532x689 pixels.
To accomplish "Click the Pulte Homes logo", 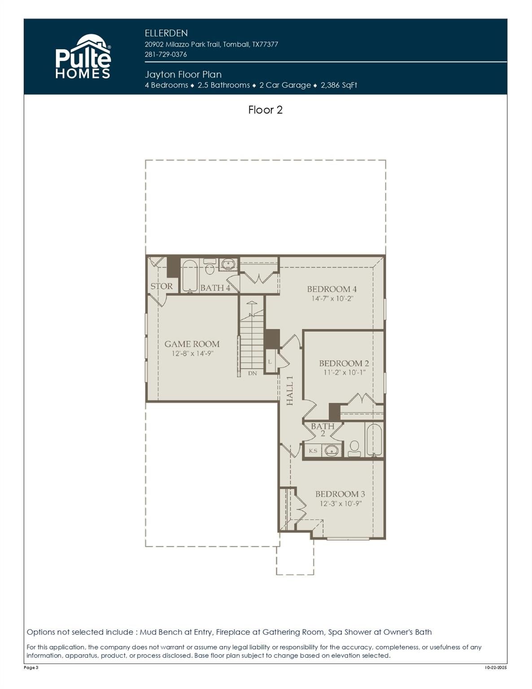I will point(83,57).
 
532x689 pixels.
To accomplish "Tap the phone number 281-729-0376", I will point(166,54).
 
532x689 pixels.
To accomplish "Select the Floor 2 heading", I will point(265,110).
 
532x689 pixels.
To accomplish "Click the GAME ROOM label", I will point(192,344).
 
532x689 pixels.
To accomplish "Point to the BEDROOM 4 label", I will point(332,289).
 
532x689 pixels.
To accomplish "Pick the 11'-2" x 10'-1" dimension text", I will point(344,372).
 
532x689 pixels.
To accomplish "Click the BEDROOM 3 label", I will point(340,494).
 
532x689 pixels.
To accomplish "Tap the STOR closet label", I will point(161,286).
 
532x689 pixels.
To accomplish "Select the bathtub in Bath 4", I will point(189,276).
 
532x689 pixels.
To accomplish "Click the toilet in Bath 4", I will point(209,268).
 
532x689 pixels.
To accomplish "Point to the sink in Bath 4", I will point(228,264).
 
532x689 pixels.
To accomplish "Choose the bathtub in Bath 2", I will point(374,440).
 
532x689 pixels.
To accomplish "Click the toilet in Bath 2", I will point(354,448).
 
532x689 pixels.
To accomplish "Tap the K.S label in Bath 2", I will point(313,451).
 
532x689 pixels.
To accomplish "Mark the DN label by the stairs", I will point(253,373).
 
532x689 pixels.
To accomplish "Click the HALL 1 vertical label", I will point(290,390).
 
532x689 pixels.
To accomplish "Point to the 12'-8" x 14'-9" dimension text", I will point(192,353).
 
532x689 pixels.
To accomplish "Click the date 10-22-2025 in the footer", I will point(496,668).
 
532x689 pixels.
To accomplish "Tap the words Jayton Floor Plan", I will point(183,74).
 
